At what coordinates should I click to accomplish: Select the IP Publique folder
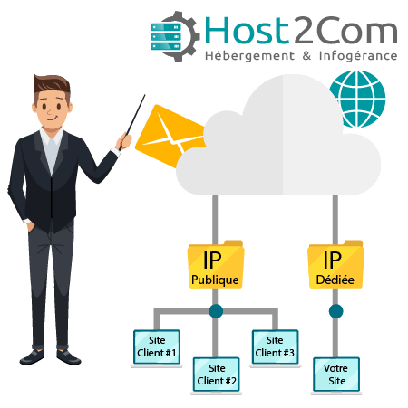click(x=216, y=264)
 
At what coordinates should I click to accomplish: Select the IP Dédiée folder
click(x=335, y=264)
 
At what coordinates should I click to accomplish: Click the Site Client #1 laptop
click(x=157, y=348)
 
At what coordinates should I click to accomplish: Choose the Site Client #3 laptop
click(x=275, y=348)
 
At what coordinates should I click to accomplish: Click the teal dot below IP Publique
click(x=216, y=311)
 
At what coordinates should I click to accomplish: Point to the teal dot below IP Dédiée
click(x=335, y=311)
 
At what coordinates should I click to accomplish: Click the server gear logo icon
click(x=175, y=36)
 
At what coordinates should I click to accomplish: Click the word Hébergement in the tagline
click(x=249, y=56)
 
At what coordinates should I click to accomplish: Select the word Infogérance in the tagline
click(x=358, y=56)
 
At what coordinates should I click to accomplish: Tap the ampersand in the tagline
click(x=306, y=56)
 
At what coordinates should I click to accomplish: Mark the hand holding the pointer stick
click(x=124, y=141)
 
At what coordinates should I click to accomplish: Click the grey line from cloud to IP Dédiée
click(x=335, y=219)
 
